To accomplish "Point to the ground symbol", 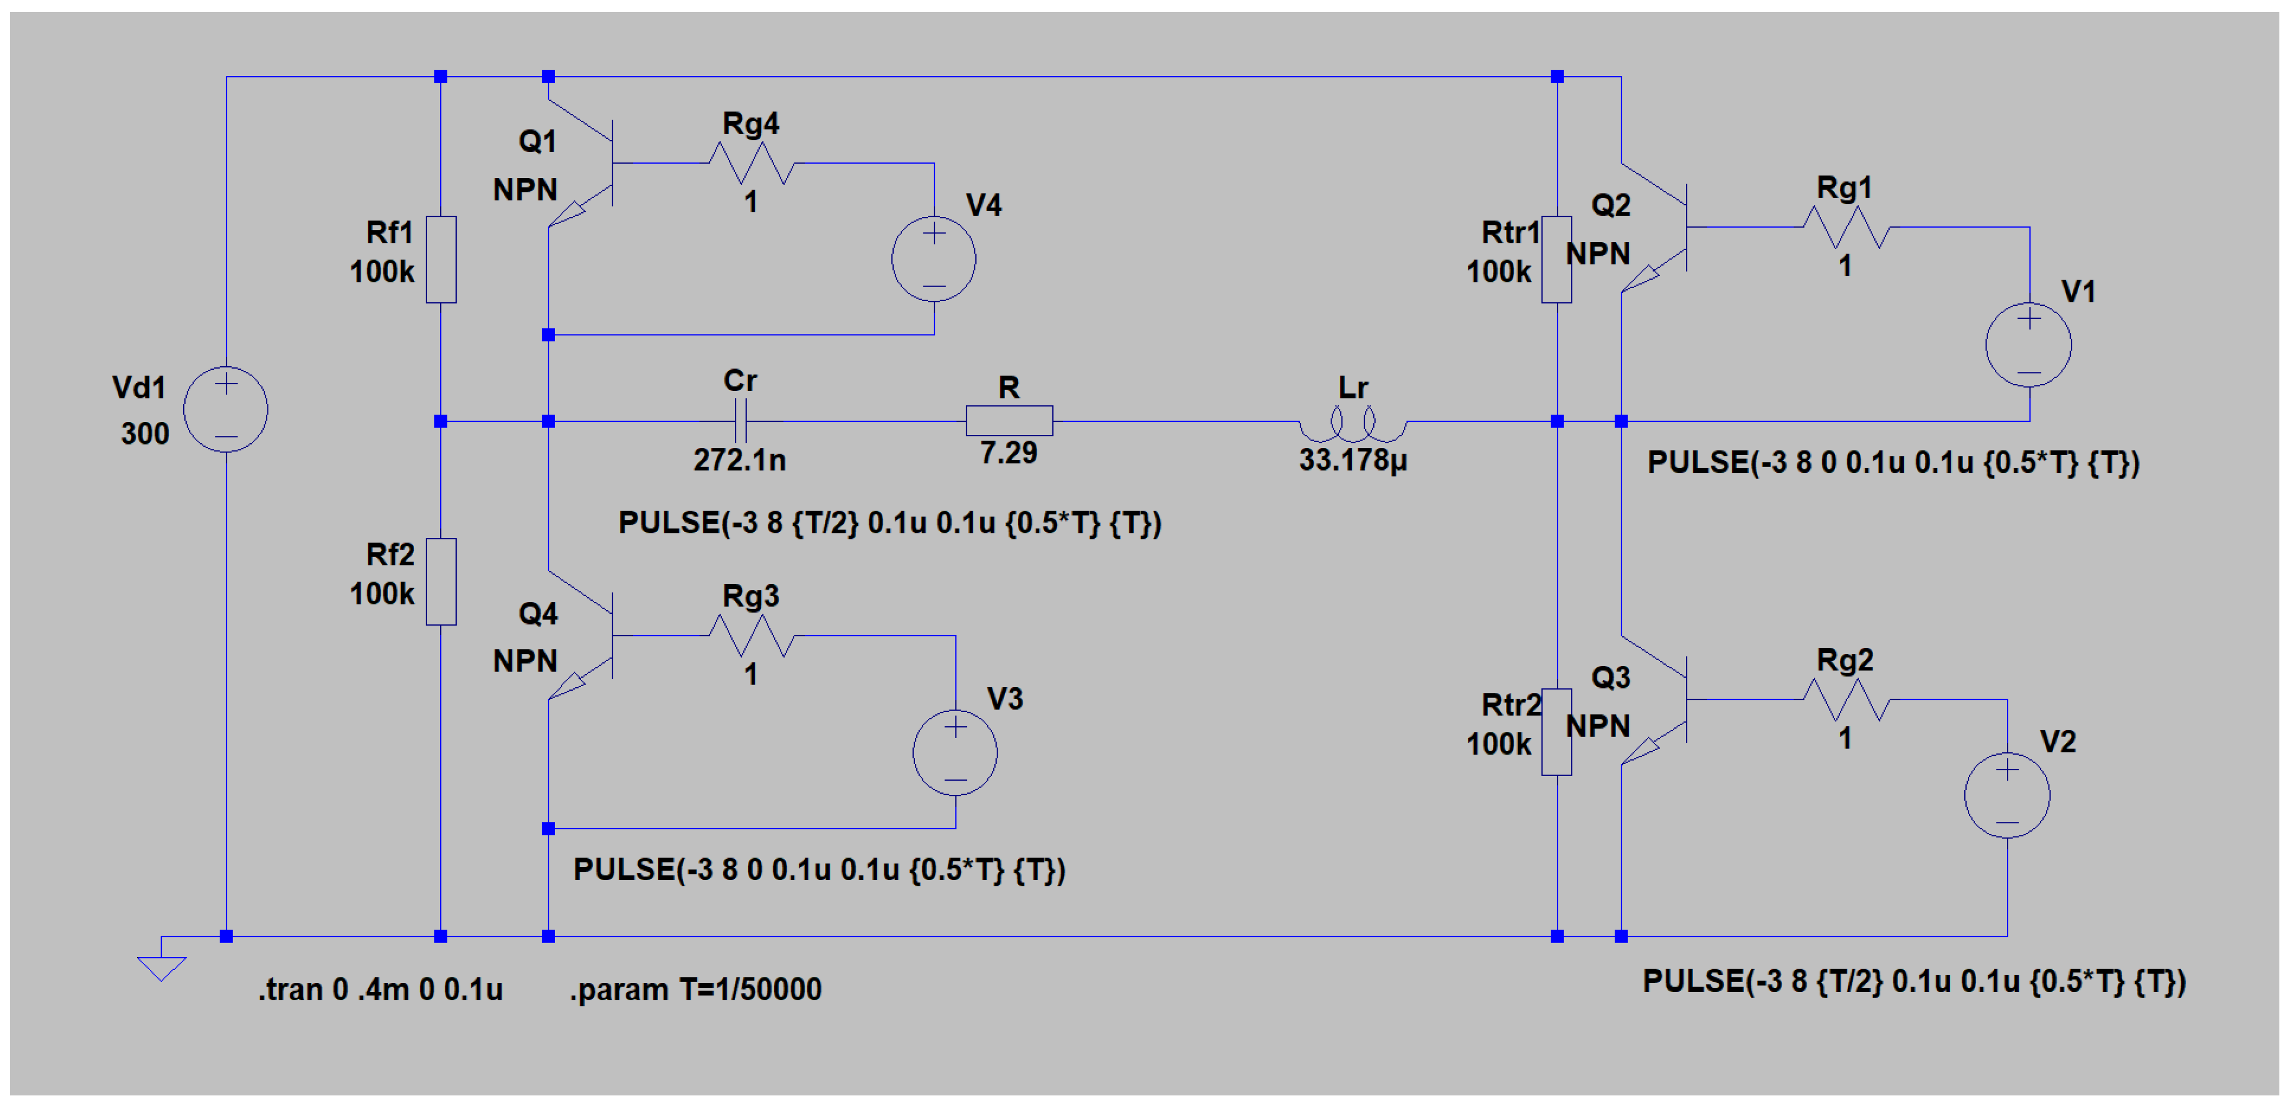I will tap(161, 966).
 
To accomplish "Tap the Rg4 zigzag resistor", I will tap(751, 163).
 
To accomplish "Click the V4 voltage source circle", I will tap(934, 259).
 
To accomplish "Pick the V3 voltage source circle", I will tap(955, 753).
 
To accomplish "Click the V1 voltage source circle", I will tap(2029, 345).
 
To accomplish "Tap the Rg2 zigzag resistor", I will tap(1845, 700).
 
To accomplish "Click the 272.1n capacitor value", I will tap(740, 460).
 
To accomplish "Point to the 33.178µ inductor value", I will tap(1352, 460).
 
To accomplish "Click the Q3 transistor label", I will tap(1611, 678).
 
